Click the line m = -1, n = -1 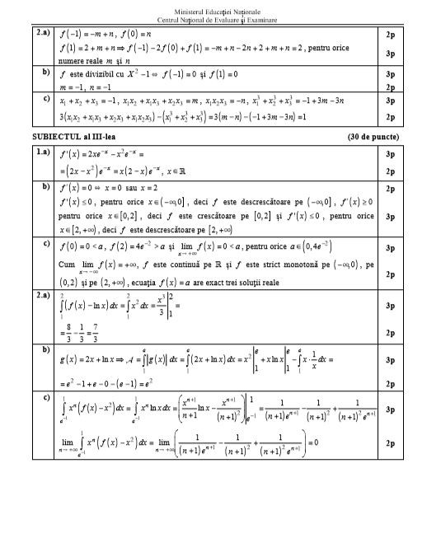click(x=87, y=86)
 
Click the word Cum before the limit click(x=67, y=264)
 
